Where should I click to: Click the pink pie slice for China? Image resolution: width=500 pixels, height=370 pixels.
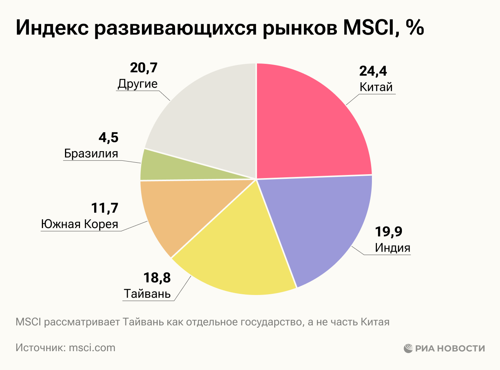tap(308, 123)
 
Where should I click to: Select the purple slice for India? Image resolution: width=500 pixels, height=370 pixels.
tap(323, 223)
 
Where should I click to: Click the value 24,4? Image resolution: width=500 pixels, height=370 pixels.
tap(373, 71)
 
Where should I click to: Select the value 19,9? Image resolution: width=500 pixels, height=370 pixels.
tap(389, 232)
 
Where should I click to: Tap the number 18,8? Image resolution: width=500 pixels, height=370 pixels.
tap(157, 277)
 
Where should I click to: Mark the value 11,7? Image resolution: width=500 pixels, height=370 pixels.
tap(105, 208)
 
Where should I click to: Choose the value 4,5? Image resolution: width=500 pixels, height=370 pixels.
tap(108, 137)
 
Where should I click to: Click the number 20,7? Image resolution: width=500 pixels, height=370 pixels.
tap(144, 68)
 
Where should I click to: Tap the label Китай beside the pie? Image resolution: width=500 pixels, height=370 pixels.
tap(376, 87)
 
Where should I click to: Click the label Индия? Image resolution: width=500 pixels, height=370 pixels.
tap(392, 247)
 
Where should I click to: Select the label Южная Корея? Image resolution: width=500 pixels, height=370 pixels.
tap(80, 224)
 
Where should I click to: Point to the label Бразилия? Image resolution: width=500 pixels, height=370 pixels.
tap(91, 153)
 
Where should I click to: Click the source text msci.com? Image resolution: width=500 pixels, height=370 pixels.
tap(92, 348)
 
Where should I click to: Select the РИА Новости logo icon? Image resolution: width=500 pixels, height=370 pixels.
tap(408, 348)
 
